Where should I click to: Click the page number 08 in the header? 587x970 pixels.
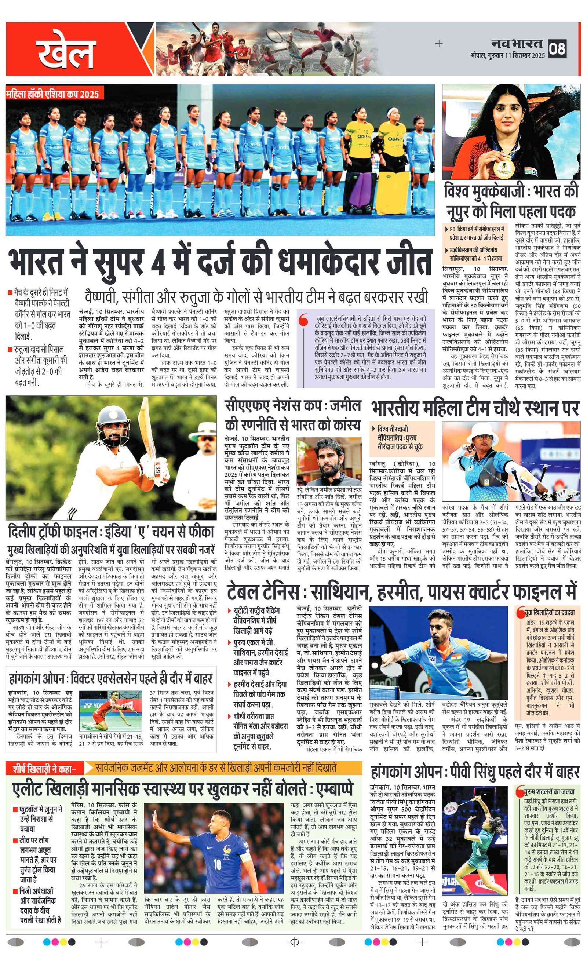pos(558,48)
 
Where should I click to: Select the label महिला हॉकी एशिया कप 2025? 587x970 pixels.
pos(52,94)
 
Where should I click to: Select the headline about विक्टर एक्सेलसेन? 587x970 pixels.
pos(111,678)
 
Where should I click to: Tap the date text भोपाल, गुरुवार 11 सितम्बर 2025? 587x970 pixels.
pos(507,55)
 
